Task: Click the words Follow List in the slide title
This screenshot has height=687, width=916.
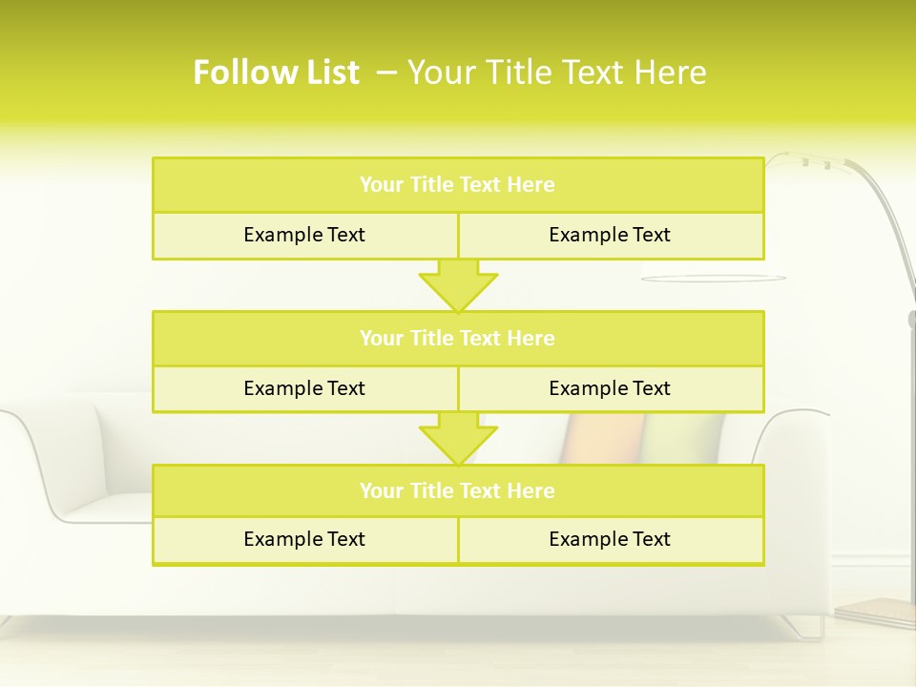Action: [x=276, y=73]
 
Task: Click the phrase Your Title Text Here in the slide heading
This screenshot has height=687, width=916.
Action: [x=557, y=73]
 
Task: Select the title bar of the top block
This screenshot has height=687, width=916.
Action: [x=458, y=185]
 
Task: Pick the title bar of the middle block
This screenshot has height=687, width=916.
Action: [x=458, y=338]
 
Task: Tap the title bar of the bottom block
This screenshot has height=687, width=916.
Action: [x=458, y=490]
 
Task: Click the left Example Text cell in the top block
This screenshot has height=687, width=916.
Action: [x=304, y=235]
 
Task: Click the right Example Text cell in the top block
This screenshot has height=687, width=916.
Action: [x=610, y=235]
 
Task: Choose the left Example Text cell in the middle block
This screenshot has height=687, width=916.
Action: [x=304, y=388]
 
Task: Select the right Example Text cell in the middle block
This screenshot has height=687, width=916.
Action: [x=610, y=388]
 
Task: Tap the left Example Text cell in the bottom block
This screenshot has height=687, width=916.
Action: [x=304, y=539]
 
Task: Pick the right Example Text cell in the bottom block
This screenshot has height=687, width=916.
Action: [x=610, y=539]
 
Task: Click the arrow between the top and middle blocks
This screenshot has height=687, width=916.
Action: [x=458, y=285]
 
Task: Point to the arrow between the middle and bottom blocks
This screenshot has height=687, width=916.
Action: [x=458, y=438]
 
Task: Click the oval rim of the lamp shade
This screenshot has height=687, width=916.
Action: [x=714, y=279]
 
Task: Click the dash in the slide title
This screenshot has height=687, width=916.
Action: [x=386, y=73]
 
